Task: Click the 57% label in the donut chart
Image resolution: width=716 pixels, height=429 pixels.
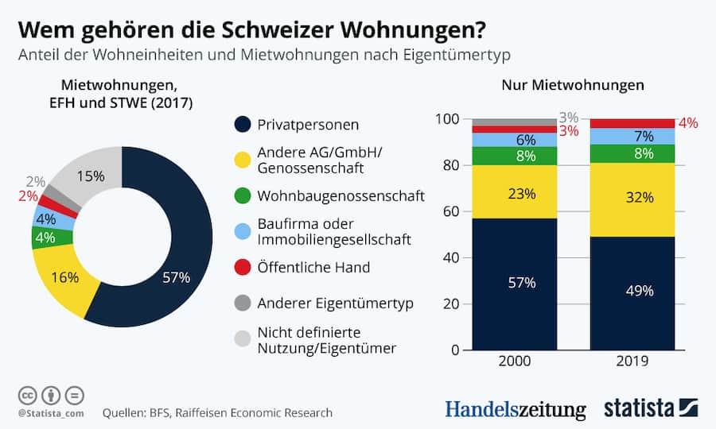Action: point(177,277)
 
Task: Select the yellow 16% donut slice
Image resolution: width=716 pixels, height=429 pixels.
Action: point(64,277)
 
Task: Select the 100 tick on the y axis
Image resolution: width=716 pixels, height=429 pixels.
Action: point(448,119)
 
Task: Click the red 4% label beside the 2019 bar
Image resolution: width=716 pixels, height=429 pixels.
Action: point(688,123)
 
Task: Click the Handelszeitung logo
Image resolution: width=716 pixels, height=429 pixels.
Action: point(515,409)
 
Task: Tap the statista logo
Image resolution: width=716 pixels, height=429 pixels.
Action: point(649,408)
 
